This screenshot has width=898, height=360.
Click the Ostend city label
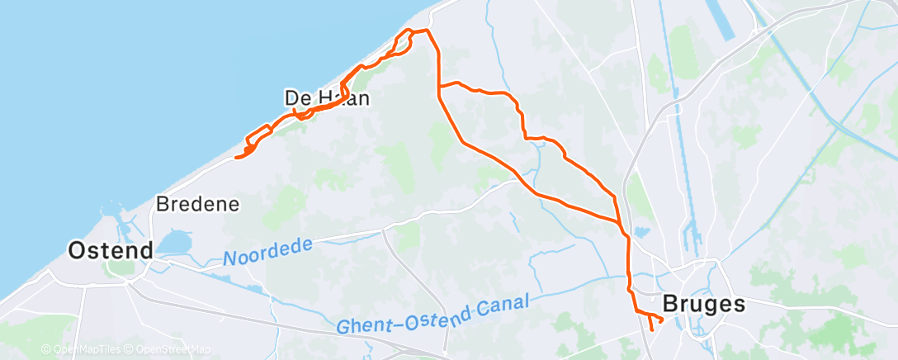111,250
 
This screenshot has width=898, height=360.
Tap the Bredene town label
197,203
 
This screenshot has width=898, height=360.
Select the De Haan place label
326,98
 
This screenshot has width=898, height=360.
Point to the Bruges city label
704,304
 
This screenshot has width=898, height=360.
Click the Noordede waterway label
268,252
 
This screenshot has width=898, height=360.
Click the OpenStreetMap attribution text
169,350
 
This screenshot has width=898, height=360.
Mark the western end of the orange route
236,157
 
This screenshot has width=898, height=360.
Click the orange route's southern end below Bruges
652,329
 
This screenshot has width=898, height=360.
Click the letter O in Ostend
77,250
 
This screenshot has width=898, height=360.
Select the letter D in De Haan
291,98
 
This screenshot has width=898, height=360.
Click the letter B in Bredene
162,203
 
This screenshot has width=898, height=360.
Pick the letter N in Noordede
229,259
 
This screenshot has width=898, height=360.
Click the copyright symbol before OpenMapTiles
46,350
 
